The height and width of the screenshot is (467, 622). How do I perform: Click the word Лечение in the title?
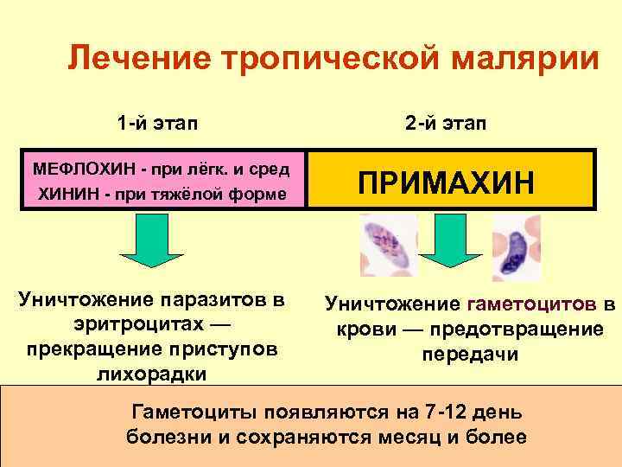[x=137, y=60]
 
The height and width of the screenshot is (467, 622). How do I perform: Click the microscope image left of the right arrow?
[x=387, y=245]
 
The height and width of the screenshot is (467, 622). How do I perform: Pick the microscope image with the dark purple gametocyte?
[x=515, y=246]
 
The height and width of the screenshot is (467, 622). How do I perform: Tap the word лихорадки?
[x=158, y=374]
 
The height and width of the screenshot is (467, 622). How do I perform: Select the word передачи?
[x=470, y=355]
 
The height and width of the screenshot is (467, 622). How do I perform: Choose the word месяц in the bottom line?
[x=414, y=437]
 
